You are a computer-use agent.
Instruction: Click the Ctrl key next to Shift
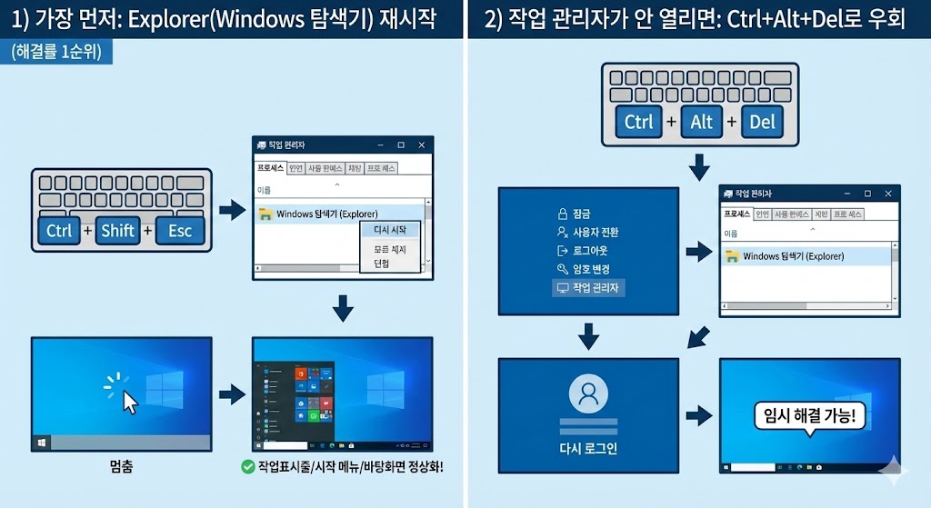click(59, 231)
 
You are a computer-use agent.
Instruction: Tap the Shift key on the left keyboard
click(118, 231)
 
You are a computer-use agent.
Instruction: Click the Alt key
click(701, 122)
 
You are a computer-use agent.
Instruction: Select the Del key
click(763, 122)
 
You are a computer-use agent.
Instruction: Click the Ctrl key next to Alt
click(639, 122)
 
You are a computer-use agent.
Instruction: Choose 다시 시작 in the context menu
click(390, 231)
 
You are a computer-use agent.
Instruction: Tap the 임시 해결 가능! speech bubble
click(810, 417)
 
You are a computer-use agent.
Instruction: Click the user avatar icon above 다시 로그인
click(588, 393)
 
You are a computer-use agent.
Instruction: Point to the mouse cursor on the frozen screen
click(129, 401)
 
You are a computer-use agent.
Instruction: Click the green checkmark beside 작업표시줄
click(246, 467)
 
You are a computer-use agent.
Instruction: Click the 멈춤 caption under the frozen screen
click(121, 467)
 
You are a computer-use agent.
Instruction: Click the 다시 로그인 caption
click(588, 448)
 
